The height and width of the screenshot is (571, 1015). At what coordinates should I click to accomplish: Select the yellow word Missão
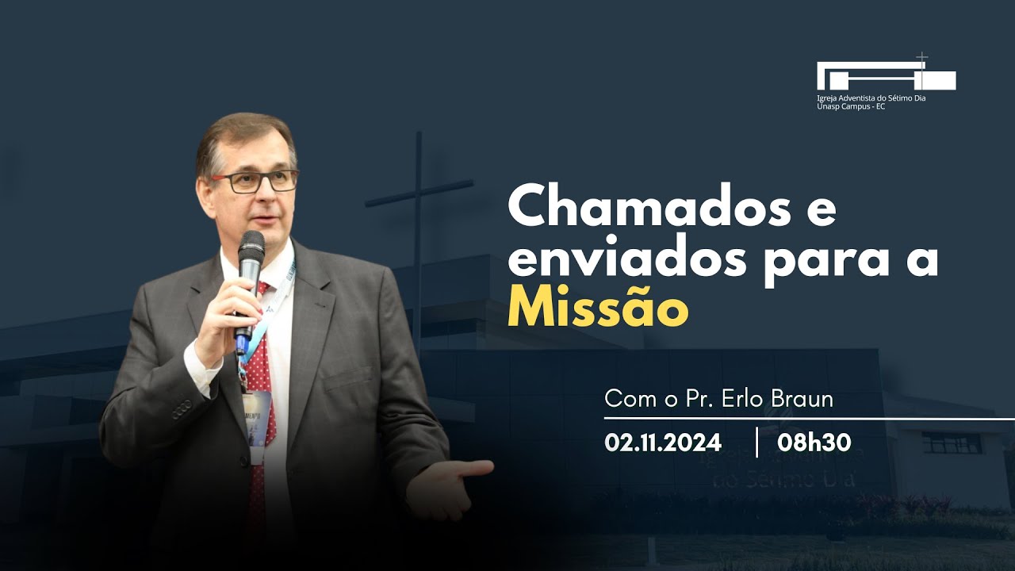click(x=597, y=309)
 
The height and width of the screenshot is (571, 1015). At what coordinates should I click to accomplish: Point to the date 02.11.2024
click(x=663, y=442)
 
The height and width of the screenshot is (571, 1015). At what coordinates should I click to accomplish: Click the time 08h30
click(x=814, y=442)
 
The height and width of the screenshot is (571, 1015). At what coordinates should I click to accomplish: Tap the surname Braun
click(x=802, y=399)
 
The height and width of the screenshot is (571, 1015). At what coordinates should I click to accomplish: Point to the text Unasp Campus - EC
click(x=851, y=106)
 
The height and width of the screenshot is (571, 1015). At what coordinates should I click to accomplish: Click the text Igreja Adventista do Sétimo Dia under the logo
click(x=871, y=98)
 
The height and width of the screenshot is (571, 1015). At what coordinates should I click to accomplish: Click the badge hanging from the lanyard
click(x=259, y=420)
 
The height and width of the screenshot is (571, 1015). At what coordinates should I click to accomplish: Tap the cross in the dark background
click(x=418, y=198)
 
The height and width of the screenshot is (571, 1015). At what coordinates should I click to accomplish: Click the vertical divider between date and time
click(x=756, y=442)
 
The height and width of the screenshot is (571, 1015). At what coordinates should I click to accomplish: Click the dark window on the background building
click(x=952, y=443)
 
